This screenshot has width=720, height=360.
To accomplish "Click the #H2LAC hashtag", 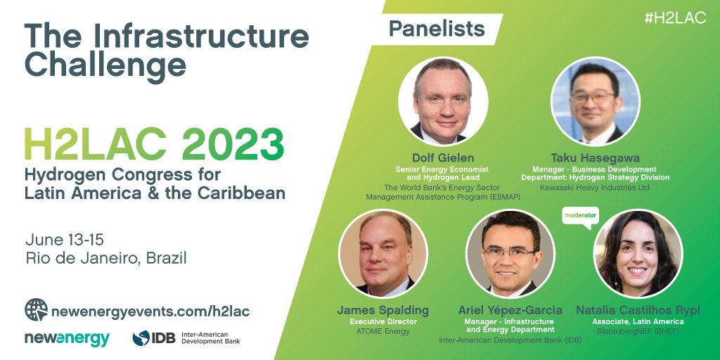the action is pos(675,18).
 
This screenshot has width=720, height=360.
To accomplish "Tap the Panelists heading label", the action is pos(437,29).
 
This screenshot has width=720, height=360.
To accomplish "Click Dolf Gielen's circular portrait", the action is pos(443,101).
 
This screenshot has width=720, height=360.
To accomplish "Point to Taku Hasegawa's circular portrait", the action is pos(595,101).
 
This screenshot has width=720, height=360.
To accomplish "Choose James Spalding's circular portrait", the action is pos(383,253).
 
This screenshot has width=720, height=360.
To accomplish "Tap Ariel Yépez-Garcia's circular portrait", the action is pos(510,253).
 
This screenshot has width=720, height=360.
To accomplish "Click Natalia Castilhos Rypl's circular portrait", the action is pos(638,253).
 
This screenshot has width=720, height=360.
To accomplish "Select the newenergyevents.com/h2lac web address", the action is pos(150,311).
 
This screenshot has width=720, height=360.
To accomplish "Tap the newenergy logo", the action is pos(67,338).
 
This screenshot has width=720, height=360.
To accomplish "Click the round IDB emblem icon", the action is pos(141,338).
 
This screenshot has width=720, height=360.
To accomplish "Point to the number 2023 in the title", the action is pos(233,145).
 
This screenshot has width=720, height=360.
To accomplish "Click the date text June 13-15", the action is pos(64,240).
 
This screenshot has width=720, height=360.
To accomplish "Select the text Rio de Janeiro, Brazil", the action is pos(106,258).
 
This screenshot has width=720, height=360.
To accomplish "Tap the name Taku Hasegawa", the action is pos(595,158).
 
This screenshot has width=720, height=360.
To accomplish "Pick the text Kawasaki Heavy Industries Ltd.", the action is pos(595,187).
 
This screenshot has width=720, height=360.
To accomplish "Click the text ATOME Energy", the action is pos(383,331).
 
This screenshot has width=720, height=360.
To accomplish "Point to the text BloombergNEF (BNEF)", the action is pos(638,331).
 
